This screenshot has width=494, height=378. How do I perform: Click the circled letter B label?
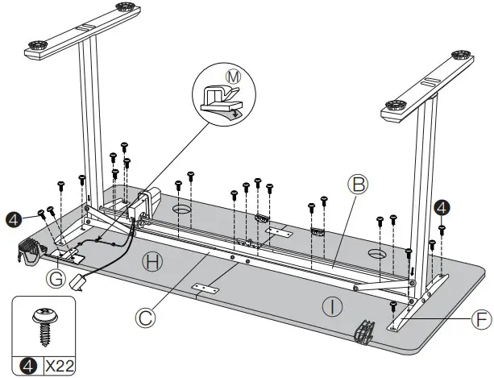click(360, 185)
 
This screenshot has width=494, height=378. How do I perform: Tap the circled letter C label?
click(145, 317)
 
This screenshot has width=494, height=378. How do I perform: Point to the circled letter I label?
click(330, 305)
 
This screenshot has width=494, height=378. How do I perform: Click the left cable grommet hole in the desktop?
click(181, 210)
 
